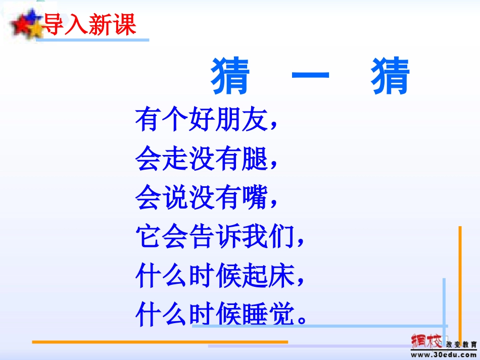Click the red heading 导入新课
pyautogui.click(x=90, y=24)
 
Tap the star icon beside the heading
pyautogui.click(x=26, y=24)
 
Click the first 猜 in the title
pyautogui.click(x=231, y=77)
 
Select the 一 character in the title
pyautogui.click(x=310, y=77)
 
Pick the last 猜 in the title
pyautogui.click(x=390, y=77)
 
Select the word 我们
pyautogui.click(x=280, y=237)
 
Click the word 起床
pyautogui.click(x=280, y=276)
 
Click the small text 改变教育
pyautogui.click(x=461, y=344)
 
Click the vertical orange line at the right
pyautogui.click(x=460, y=283)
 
